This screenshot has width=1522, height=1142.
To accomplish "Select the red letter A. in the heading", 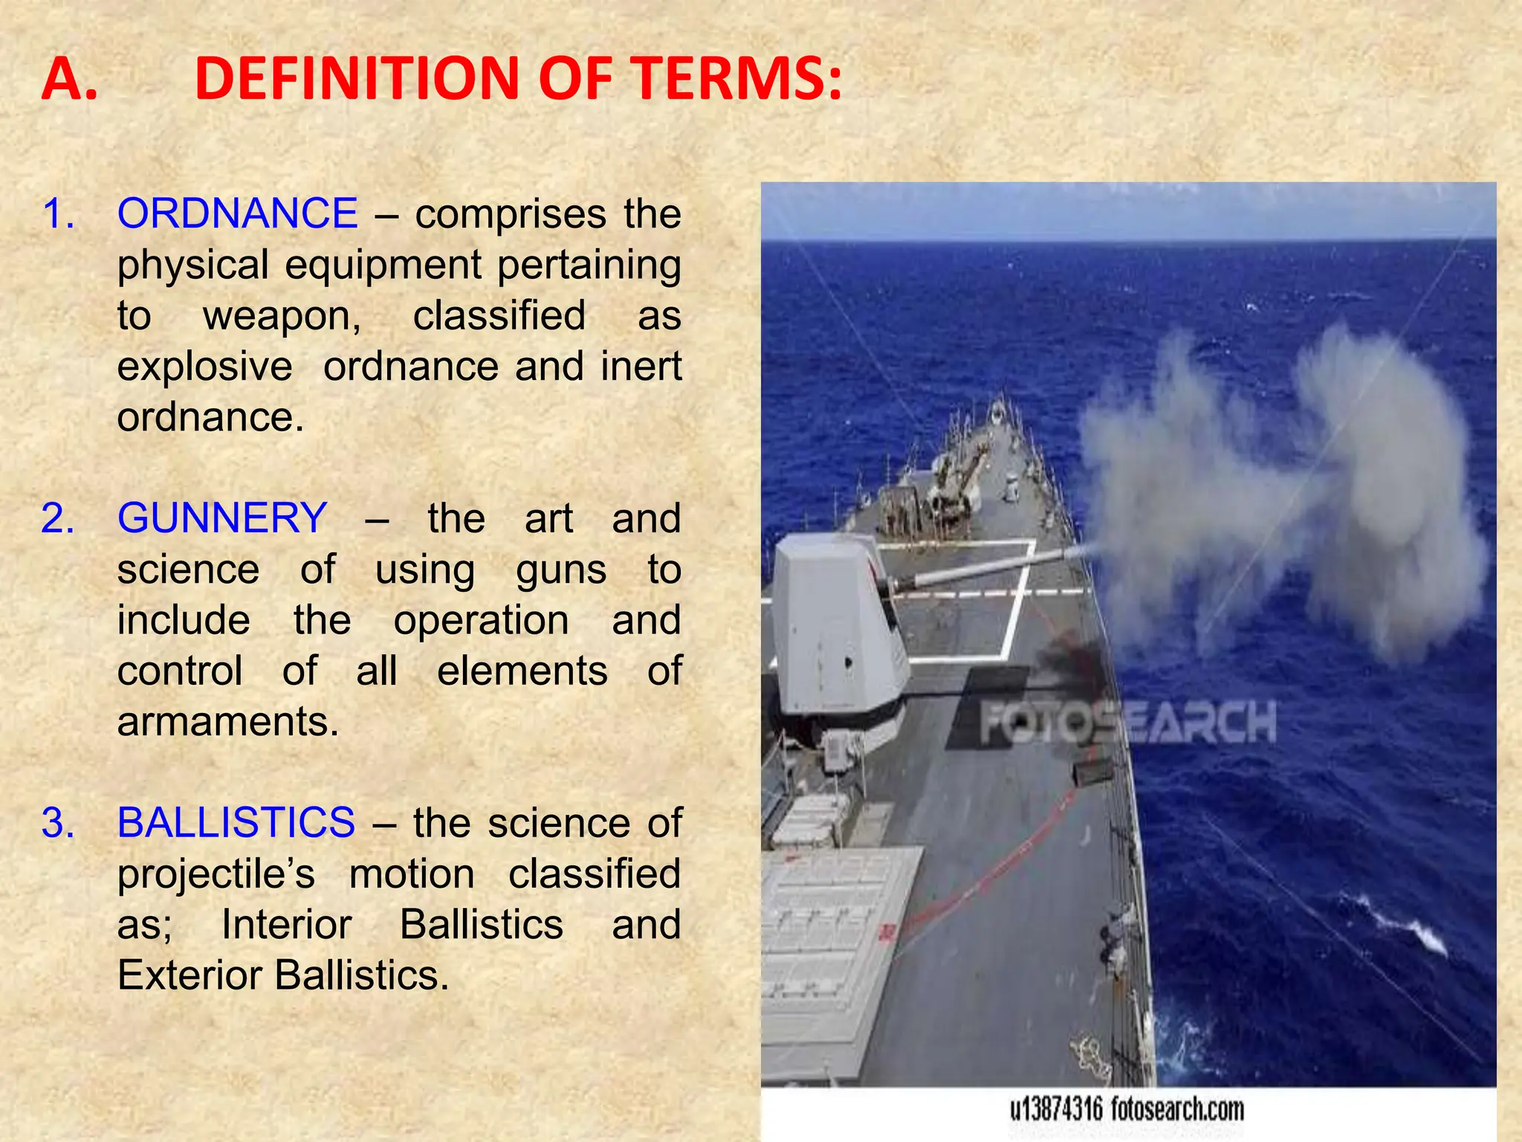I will point(69,79).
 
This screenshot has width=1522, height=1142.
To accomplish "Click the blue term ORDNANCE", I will point(238,213).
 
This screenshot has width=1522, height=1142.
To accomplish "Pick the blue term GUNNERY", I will point(222,517).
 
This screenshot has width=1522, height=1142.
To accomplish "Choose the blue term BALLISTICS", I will point(236,822).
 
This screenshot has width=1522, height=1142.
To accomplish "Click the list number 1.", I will point(58,213).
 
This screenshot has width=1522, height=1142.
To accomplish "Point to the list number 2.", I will point(58,517).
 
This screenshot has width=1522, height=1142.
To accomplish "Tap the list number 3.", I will point(58,822).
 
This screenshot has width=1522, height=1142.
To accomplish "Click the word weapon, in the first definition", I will point(282,316).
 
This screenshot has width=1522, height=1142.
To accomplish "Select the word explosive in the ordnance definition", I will point(204,367).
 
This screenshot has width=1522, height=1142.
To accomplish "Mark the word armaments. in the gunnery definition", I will point(227,721).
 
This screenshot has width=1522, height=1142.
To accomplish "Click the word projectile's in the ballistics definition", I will point(216,874).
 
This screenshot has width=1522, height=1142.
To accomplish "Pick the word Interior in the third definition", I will point(286,925).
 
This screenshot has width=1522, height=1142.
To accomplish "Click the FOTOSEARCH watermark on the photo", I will point(1127,723).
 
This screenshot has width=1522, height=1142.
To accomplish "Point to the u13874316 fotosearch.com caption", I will point(1127,1110).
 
